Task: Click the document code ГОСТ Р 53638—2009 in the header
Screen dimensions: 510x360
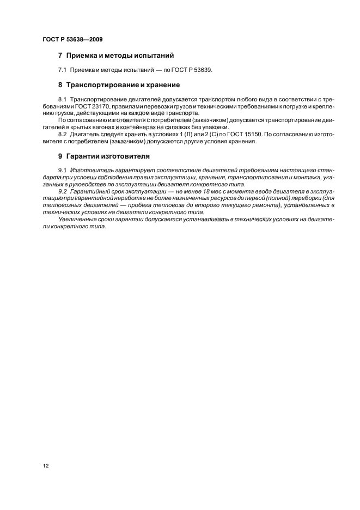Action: (x=72, y=40)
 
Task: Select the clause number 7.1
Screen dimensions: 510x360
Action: (x=62, y=70)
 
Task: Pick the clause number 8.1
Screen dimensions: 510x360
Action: (x=62, y=101)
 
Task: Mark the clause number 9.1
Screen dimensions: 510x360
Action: (x=62, y=171)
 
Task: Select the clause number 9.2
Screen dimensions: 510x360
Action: (x=62, y=190)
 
